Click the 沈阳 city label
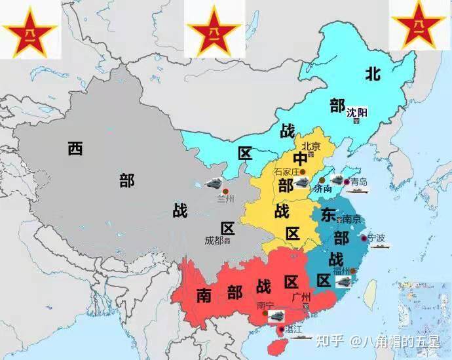pyautogui.click(x=357, y=112)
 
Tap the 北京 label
pyautogui.click(x=311, y=146)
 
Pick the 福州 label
pyautogui.click(x=341, y=270)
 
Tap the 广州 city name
pyautogui.click(x=302, y=297)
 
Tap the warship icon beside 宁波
pyautogui.click(x=380, y=247)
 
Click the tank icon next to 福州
pyautogui.click(x=343, y=281)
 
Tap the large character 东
pyautogui.click(x=329, y=215)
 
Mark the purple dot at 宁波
pyautogui.click(x=364, y=237)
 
